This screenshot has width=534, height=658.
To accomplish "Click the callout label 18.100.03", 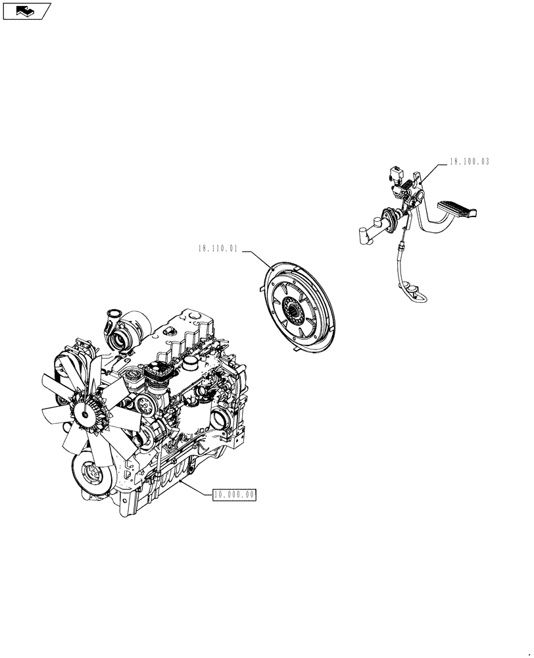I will click(x=470, y=161).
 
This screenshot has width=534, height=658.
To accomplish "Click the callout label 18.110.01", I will click(x=218, y=249).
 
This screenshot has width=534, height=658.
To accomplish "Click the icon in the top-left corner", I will click(x=26, y=11).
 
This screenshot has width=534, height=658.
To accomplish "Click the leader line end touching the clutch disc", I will click(x=272, y=267).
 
